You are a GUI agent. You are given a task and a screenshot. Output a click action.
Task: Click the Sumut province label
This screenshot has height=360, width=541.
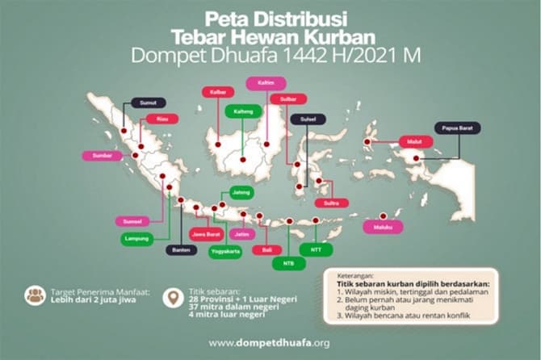[149, 103]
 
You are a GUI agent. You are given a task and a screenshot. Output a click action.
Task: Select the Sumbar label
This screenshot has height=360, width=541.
[101, 154]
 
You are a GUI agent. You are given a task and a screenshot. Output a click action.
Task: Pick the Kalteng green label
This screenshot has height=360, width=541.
[242, 111]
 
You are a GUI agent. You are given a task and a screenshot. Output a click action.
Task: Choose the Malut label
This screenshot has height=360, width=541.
[414, 141]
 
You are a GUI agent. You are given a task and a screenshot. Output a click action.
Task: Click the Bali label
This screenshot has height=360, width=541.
[266, 250]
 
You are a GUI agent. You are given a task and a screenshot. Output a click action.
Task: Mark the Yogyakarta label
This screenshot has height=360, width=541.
[224, 251]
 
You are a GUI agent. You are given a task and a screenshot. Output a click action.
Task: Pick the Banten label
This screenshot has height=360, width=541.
[179, 250]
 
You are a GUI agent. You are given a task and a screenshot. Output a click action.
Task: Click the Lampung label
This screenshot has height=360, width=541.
[136, 239]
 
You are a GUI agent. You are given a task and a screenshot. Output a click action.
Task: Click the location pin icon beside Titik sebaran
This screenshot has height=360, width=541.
[171, 298]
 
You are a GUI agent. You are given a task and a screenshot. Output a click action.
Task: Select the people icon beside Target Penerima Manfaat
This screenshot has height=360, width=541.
[36, 295]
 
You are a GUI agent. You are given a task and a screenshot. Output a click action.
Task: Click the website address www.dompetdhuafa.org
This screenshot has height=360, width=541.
[269, 342]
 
